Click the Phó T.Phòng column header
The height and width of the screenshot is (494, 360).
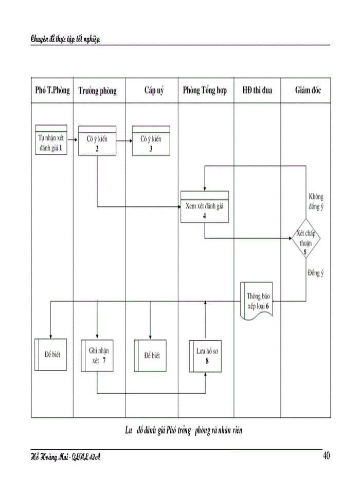coord(52,91)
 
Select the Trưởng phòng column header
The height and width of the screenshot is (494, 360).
coord(98,91)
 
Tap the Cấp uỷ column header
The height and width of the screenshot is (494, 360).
coord(154,91)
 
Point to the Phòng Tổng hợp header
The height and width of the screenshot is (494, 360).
coord(205,91)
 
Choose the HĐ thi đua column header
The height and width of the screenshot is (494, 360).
coord(257,91)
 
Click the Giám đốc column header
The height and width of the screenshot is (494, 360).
coord(308,91)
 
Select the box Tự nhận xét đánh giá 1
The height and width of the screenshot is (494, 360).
coord(51,140)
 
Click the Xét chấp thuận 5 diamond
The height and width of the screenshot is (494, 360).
coord(306,238)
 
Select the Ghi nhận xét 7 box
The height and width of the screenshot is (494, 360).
coord(98,355)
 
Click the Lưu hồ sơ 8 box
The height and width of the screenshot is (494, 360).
coord(206,355)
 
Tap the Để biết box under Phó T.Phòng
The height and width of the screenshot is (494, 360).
coord(51,355)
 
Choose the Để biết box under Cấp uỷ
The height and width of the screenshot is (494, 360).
coord(151,355)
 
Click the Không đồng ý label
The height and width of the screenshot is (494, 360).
coord(316,201)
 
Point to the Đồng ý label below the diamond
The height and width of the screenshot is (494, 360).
coord(315,273)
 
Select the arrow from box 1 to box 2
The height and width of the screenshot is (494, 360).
coord(73,140)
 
